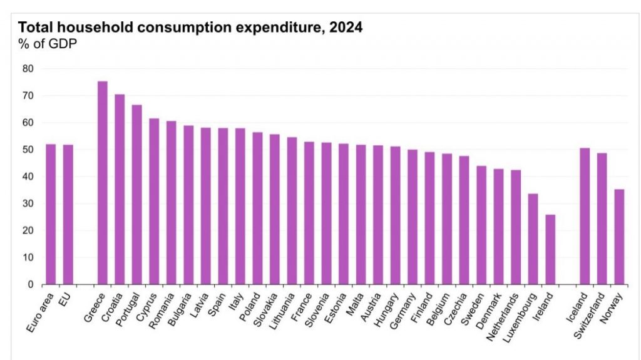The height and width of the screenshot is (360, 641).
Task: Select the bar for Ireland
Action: (x=550, y=250)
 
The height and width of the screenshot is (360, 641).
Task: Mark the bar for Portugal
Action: (x=136, y=195)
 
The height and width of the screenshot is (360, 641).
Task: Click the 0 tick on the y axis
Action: (x=29, y=284)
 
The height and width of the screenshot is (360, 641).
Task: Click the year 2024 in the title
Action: (x=343, y=28)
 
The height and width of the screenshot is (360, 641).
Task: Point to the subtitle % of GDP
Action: (x=48, y=44)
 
